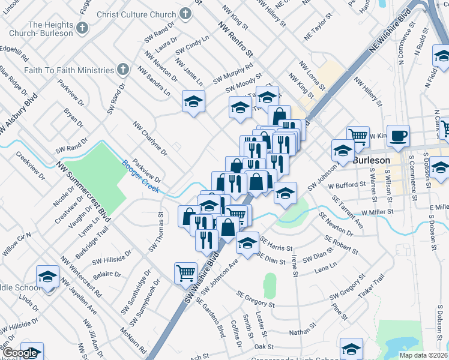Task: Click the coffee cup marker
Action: pyautogui.click(x=398, y=136)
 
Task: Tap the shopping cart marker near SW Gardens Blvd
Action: pyautogui.click(x=185, y=273)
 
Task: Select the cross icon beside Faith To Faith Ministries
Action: pyautogui.click(x=123, y=69)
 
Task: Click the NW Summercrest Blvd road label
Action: pyautogui.click(x=84, y=190)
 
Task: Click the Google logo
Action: pyautogui.click(x=19, y=353)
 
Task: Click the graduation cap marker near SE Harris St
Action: pyautogui.click(x=247, y=242)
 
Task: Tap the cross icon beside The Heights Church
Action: pyautogui.click(x=82, y=28)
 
